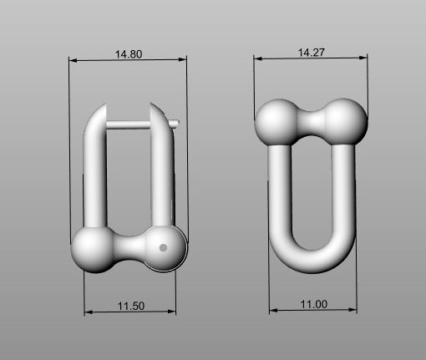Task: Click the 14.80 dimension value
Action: pyautogui.click(x=129, y=53)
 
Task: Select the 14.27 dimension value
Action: pyautogui.click(x=312, y=51)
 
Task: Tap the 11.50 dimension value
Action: pyautogui.click(x=131, y=307)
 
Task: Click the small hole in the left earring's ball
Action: pyautogui.click(x=164, y=247)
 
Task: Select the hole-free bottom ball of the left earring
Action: pyautogui.click(x=92, y=249)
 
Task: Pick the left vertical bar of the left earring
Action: pyautogui.click(x=93, y=175)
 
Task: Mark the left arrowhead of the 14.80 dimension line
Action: pyautogui.click(x=73, y=61)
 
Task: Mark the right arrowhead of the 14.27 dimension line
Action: pyautogui.click(x=364, y=58)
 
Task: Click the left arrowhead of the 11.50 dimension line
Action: pyautogui.click(x=88, y=312)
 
